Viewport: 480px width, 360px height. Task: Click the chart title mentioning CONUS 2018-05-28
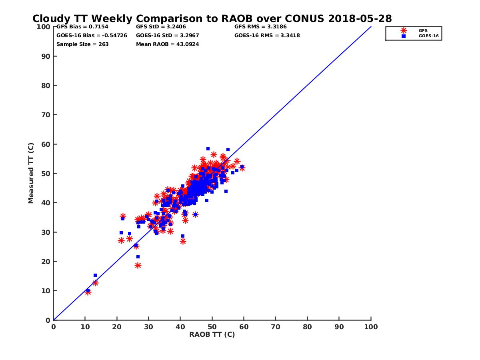pyautogui.click(x=212, y=19)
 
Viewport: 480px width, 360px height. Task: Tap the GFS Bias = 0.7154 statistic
pyautogui.click(x=82, y=27)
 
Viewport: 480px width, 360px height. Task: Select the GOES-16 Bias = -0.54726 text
pyautogui.click(x=92, y=36)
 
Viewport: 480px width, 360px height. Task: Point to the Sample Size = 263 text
pyautogui.click(x=82, y=44)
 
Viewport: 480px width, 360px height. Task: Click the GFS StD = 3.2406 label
pyautogui.click(x=161, y=27)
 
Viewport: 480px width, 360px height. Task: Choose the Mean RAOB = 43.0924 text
pyautogui.click(x=167, y=44)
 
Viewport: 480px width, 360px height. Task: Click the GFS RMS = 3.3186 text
pyautogui.click(x=260, y=27)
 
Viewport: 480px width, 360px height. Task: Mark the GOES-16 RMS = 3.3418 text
pyautogui.click(x=267, y=36)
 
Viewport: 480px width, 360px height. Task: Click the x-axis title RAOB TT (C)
pyautogui.click(x=212, y=334)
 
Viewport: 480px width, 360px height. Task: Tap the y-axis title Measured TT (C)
pyautogui.click(x=31, y=174)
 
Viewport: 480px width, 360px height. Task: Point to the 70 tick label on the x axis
pyautogui.click(x=276, y=326)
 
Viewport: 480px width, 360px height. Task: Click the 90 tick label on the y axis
pyautogui.click(x=46, y=56)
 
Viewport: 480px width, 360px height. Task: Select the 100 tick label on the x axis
pyautogui.click(x=371, y=326)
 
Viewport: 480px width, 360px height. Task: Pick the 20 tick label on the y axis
pyautogui.click(x=46, y=262)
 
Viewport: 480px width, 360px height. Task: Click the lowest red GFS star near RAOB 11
pyautogui.click(x=88, y=292)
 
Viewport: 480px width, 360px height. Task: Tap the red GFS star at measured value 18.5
pyautogui.click(x=138, y=265)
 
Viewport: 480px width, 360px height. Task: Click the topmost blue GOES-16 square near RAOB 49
pyautogui.click(x=208, y=149)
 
